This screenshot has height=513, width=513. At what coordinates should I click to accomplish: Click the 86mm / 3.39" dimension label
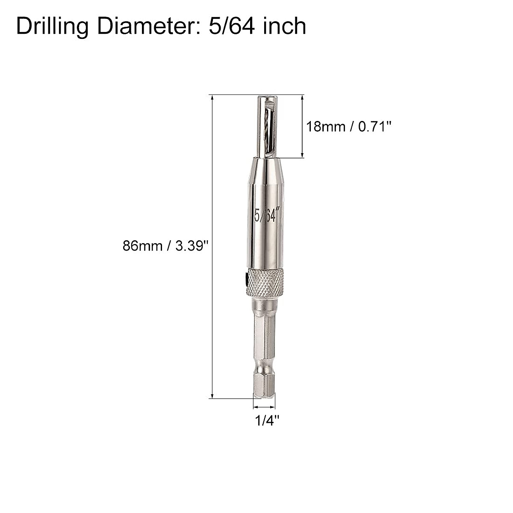[165, 246]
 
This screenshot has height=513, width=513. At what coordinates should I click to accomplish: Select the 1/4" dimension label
[267, 421]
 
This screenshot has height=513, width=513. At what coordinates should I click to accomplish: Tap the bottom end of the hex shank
[264, 395]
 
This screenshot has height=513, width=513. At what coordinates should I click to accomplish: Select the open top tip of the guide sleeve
[265, 97]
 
